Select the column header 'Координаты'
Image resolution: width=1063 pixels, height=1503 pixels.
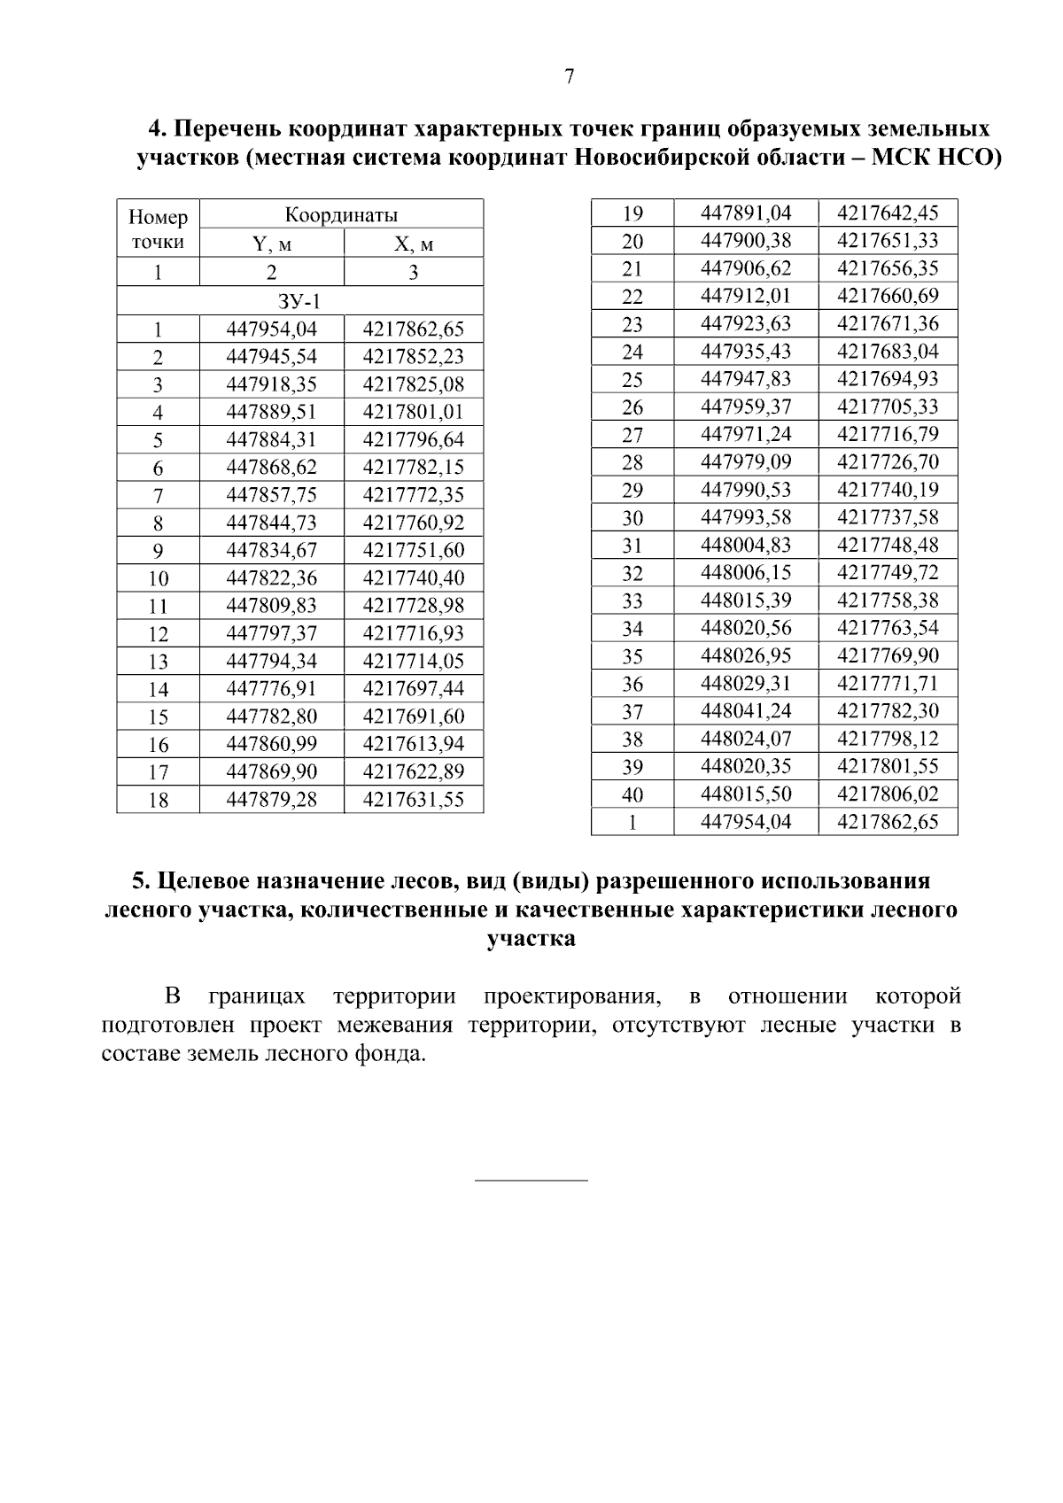pyautogui.click(x=341, y=214)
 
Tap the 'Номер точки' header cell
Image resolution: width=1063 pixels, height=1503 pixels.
pyautogui.click(x=159, y=229)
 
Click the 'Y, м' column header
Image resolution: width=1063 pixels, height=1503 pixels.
pyautogui.click(x=272, y=244)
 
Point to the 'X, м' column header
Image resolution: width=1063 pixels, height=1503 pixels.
pyautogui.click(x=414, y=244)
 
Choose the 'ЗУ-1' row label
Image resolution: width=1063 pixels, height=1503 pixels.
pyautogui.click(x=299, y=301)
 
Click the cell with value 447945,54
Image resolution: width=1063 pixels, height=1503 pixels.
pyautogui.click(x=272, y=357)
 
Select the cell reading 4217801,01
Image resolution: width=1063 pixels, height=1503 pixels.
pyautogui.click(x=414, y=412)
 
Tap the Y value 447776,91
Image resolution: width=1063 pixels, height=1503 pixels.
pyautogui.click(x=272, y=688)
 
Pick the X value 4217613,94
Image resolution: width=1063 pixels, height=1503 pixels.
pyautogui.click(x=414, y=744)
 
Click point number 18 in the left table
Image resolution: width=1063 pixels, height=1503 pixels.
pyautogui.click(x=159, y=800)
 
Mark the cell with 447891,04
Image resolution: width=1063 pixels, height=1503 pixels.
pyautogui.click(x=746, y=213)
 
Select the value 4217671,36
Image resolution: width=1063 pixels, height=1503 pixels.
pyautogui.click(x=888, y=323)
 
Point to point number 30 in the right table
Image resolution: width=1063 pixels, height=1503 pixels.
pyautogui.click(x=632, y=517)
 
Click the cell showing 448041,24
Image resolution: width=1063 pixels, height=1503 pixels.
pyautogui.click(x=746, y=710)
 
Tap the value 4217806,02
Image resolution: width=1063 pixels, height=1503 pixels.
pyautogui.click(x=888, y=794)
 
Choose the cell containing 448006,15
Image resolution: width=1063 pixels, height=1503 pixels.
pyautogui.click(x=746, y=572)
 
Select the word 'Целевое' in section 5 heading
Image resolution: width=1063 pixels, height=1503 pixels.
pyautogui.click(x=202, y=881)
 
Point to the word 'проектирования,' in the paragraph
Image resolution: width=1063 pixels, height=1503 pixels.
pyautogui.click(x=572, y=996)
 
